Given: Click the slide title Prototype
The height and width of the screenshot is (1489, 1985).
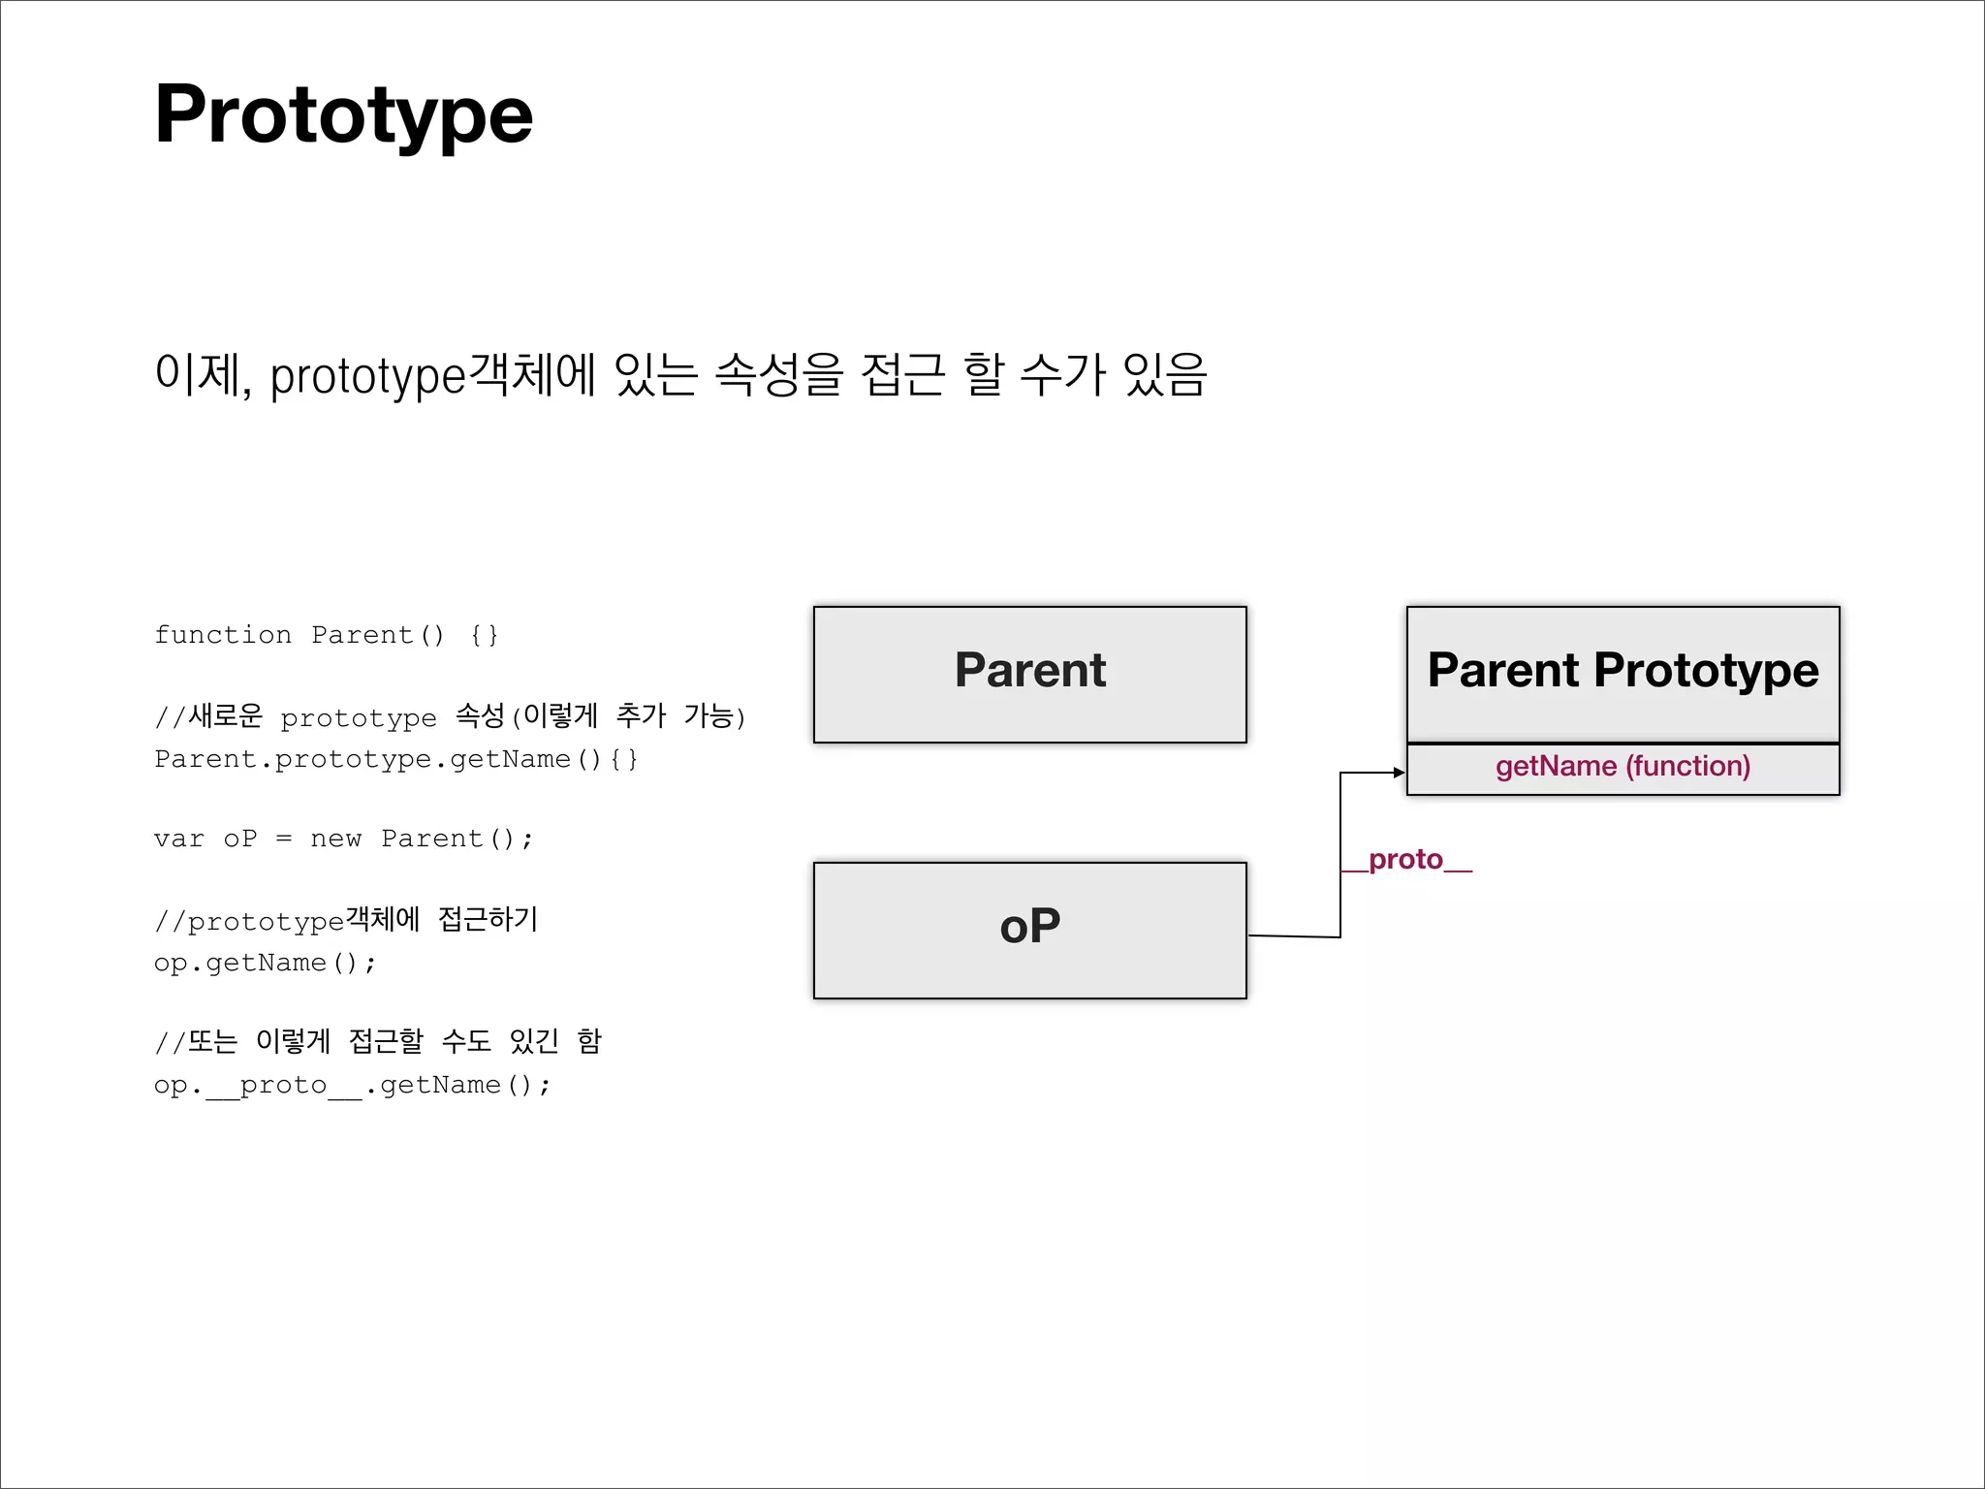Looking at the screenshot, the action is click(343, 114).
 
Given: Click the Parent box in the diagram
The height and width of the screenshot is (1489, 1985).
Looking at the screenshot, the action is click(1029, 674).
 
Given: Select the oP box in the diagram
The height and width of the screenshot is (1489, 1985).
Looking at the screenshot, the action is click(1029, 930).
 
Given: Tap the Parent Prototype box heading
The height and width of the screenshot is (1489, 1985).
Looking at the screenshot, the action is click(1623, 671).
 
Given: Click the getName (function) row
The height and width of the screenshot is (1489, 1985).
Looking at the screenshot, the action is click(1623, 767).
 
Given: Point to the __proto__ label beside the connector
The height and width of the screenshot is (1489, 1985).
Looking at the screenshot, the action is click(1406, 860).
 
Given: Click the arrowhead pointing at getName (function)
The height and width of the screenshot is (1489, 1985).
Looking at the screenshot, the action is click(1399, 773).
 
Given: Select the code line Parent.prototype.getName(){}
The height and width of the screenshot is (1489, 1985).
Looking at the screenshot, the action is click(395, 759).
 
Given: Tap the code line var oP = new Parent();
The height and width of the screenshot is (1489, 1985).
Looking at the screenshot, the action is click(343, 839).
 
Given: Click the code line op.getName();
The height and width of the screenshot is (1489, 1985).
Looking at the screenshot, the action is click(265, 963).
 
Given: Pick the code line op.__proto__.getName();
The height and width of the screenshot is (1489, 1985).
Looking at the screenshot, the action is click(352, 1085).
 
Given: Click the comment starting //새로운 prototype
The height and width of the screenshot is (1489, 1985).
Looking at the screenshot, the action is click(450, 717).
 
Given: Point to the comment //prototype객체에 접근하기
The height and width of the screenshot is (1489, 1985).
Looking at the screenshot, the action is click(346, 920).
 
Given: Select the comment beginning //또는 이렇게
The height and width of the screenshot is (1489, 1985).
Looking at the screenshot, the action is click(378, 1042).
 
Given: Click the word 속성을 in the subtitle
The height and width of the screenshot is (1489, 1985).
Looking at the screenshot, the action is click(778, 375).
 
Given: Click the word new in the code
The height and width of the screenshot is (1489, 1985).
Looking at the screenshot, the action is click(335, 839).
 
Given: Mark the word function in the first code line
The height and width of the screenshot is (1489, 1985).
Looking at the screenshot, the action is click(223, 635).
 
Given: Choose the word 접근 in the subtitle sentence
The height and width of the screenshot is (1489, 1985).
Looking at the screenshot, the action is click(902, 375).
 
